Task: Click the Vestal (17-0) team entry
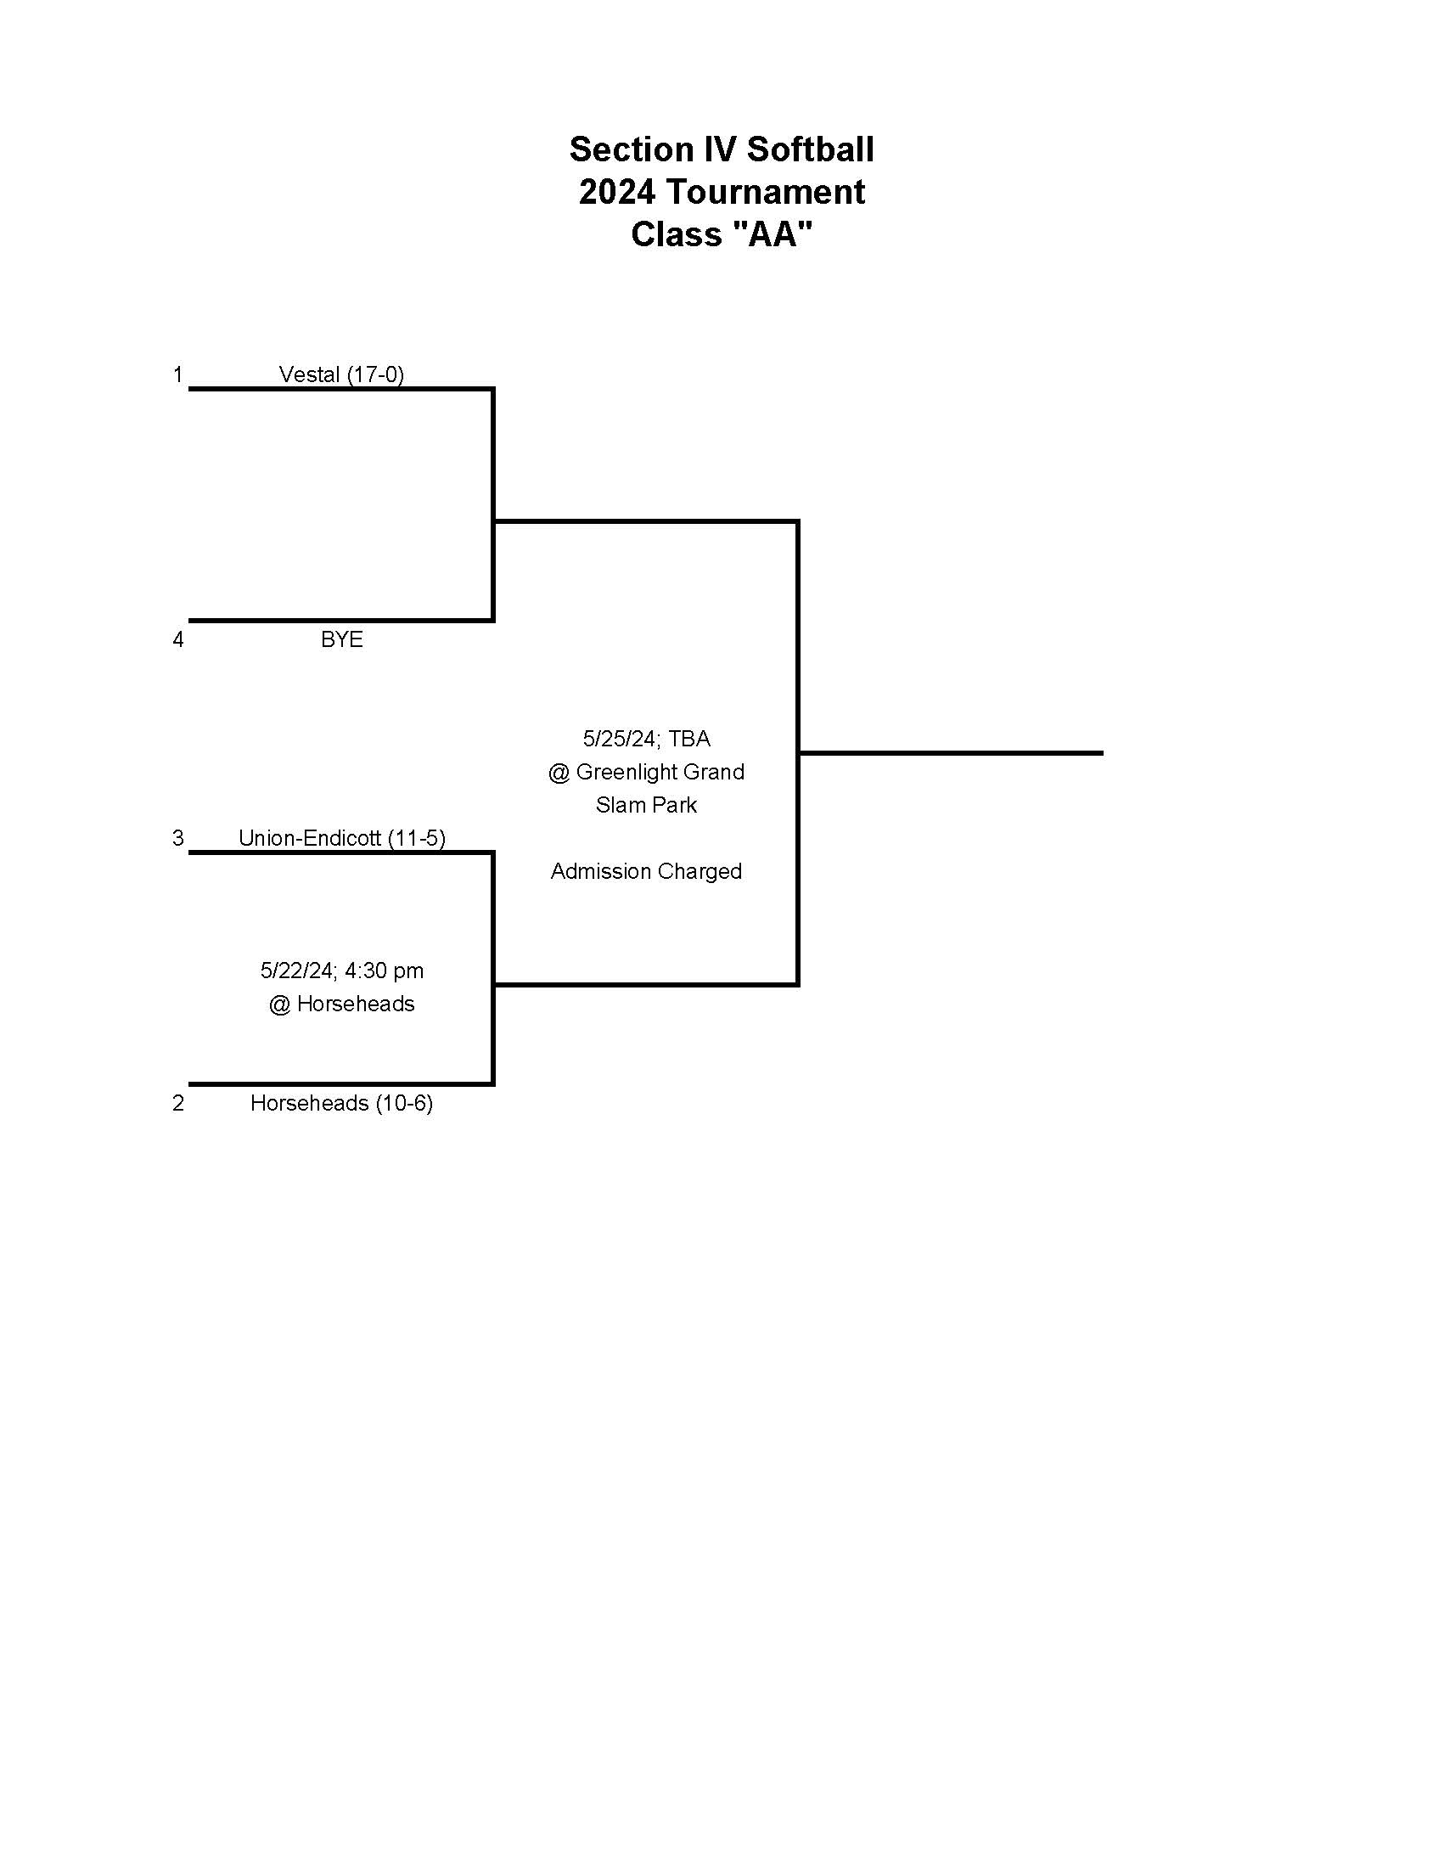point(341,374)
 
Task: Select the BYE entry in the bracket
point(341,639)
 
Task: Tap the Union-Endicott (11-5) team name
point(341,838)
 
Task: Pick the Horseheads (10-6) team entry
point(341,1103)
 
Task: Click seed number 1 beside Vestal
point(177,374)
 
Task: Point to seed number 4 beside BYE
point(177,639)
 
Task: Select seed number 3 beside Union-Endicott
point(177,838)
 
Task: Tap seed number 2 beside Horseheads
point(177,1103)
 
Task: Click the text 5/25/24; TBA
point(645,738)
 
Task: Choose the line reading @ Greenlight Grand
point(645,772)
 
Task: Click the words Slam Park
point(645,805)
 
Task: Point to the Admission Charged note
point(645,870)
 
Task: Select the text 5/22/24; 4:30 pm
point(341,971)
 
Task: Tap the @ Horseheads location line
point(341,1004)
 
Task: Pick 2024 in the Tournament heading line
point(616,192)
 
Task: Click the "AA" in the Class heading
point(773,233)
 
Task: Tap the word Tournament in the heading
point(765,192)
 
